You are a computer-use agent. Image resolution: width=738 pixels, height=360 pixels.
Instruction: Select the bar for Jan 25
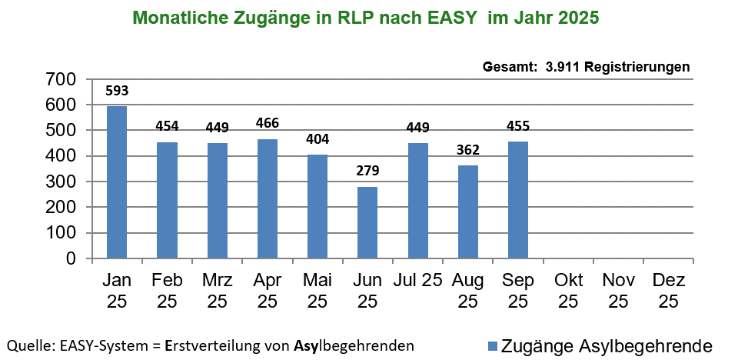tap(117, 182)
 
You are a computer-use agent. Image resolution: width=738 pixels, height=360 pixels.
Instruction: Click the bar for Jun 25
tap(367, 222)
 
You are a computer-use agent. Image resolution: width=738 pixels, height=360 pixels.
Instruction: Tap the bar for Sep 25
tap(517, 200)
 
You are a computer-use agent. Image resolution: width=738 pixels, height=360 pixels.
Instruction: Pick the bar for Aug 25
tap(467, 212)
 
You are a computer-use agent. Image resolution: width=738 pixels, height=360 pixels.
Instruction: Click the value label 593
tap(117, 91)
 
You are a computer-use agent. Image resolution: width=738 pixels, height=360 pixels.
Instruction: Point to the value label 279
tap(367, 171)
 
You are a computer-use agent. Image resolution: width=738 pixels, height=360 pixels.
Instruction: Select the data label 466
tap(268, 123)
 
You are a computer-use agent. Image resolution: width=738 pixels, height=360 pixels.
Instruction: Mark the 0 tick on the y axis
tap(70, 259)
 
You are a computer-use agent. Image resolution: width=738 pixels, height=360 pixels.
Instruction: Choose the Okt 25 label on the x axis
tap(568, 290)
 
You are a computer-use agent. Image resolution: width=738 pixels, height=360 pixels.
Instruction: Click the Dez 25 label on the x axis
tap(668, 290)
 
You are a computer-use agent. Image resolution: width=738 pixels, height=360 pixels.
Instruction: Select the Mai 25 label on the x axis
tap(317, 290)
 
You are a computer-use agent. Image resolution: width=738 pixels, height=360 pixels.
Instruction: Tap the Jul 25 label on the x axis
tap(417, 280)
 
